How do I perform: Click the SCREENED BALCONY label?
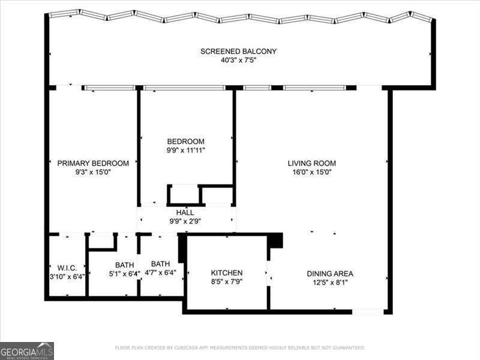click(x=238, y=52)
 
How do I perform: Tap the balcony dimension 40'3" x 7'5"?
click(x=238, y=61)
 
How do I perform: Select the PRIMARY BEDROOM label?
click(x=93, y=163)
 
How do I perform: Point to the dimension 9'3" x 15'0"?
click(x=93, y=172)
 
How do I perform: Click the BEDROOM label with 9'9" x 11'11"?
click(x=185, y=142)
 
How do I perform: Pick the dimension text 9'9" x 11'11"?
click(x=186, y=151)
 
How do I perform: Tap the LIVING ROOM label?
click(x=311, y=163)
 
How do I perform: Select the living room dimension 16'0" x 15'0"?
click(x=311, y=172)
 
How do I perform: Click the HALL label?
click(x=185, y=212)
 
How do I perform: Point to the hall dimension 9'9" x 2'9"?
click(x=185, y=221)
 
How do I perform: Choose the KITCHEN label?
click(x=227, y=272)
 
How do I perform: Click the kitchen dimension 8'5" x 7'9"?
click(x=227, y=281)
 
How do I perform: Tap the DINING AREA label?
click(x=329, y=274)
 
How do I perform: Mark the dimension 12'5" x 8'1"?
click(x=329, y=283)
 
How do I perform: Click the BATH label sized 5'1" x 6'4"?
click(x=124, y=265)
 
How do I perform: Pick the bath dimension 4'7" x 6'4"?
click(x=161, y=274)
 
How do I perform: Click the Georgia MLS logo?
click(x=27, y=350)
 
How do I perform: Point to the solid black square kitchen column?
click(x=275, y=240)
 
